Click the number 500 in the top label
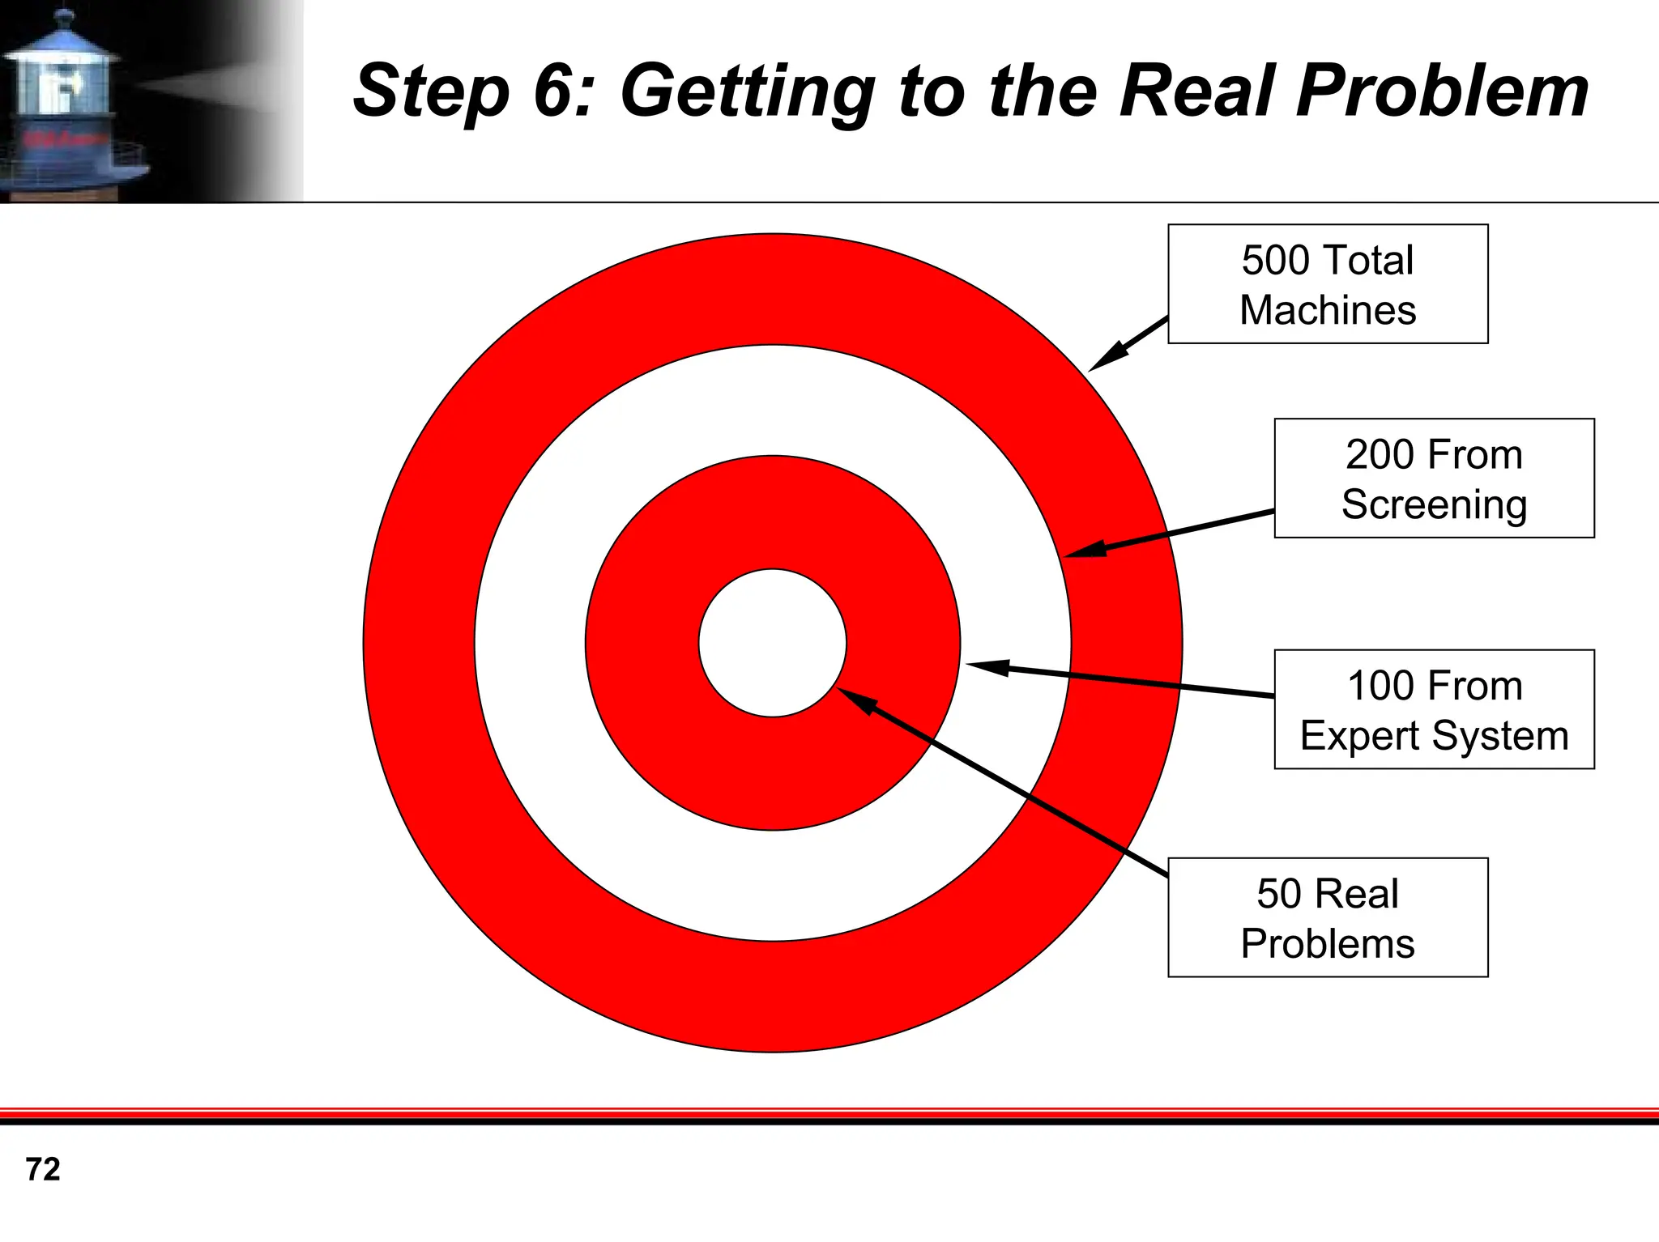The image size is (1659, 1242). click(1276, 261)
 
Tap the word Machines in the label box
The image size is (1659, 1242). click(1328, 311)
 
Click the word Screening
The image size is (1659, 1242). click(1434, 505)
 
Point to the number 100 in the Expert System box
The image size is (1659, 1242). click(1380, 687)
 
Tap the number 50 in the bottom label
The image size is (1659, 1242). click(1278, 895)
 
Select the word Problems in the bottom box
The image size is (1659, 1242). click(1328, 945)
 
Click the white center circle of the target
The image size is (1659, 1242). click(773, 643)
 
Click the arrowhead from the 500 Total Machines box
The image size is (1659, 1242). click(1105, 359)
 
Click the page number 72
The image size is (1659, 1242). click(43, 1170)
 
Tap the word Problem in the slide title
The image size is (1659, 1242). click(1441, 91)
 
